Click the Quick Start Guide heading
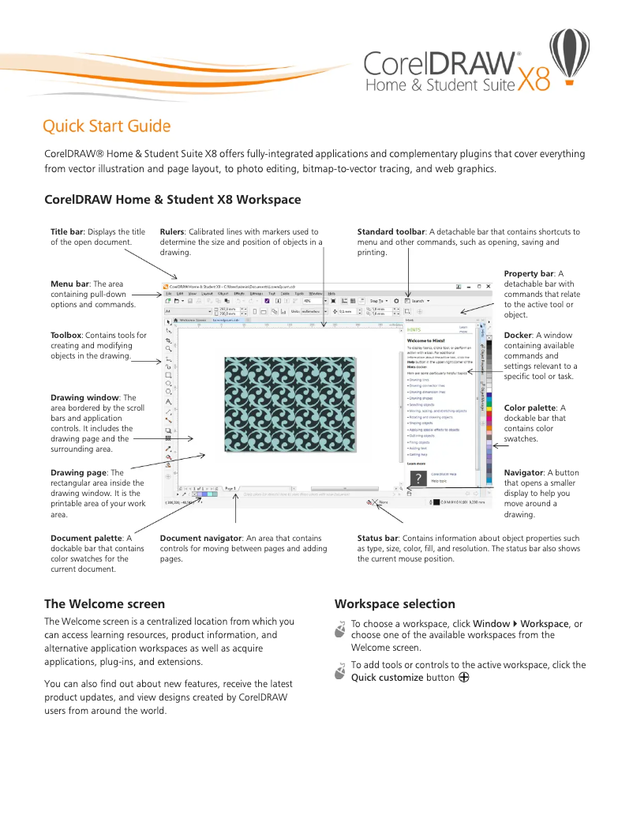107,126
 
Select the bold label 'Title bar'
66,232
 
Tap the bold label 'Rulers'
172,232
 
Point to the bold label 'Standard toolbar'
391,232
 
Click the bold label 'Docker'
518,336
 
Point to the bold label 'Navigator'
523,472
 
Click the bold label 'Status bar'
377,538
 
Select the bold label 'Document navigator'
201,538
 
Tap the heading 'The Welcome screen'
104,604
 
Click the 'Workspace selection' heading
395,604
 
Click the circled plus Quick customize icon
464,677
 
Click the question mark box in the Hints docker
418,477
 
